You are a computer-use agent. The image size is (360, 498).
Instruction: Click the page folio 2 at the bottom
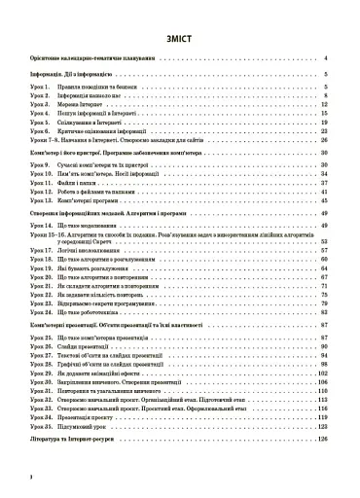tap(31, 477)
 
